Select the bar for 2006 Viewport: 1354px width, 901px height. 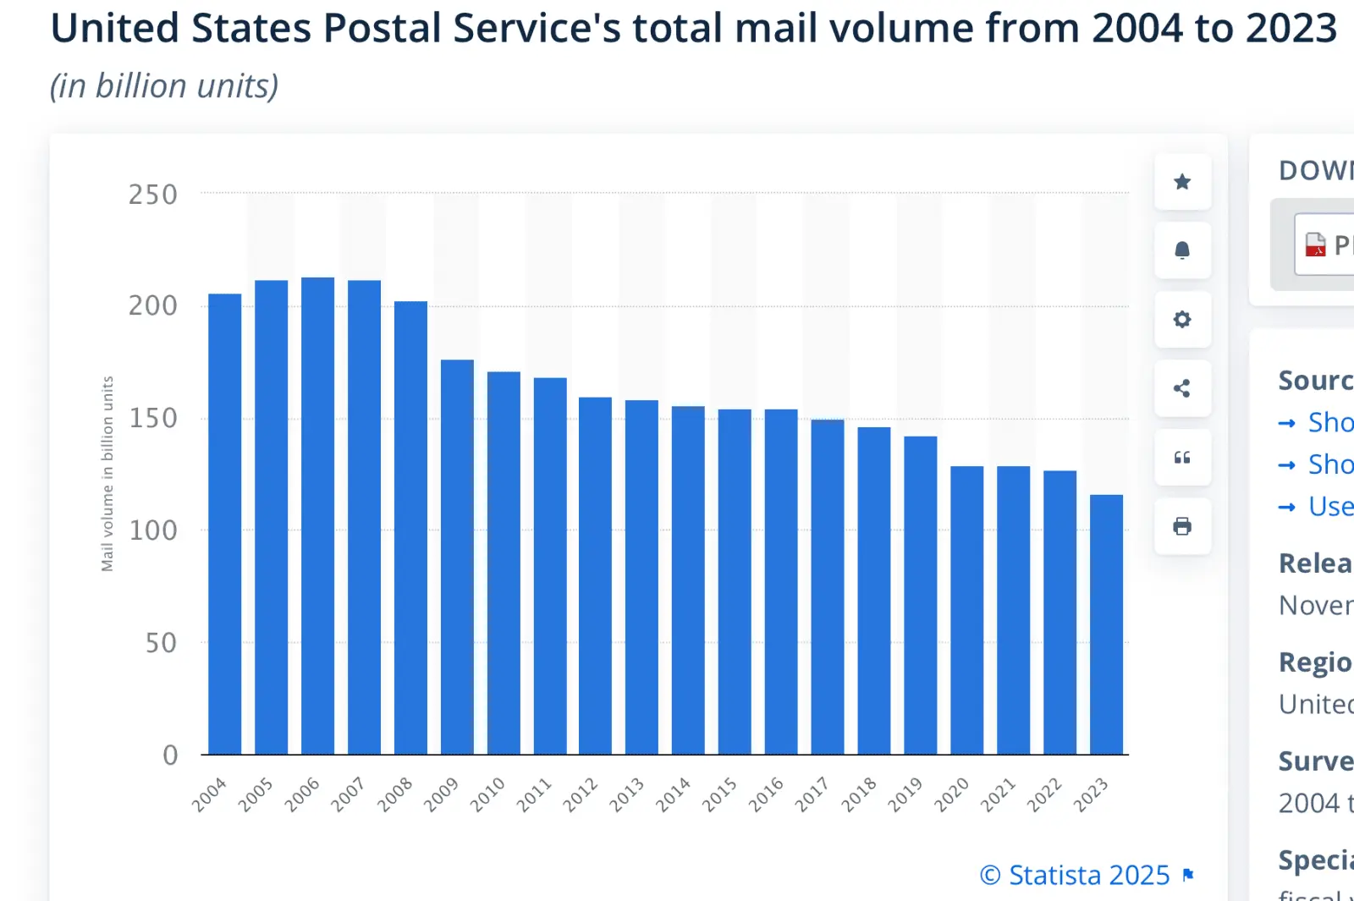(317, 516)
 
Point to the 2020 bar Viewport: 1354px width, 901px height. (966, 610)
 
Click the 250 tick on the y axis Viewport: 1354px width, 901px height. (153, 195)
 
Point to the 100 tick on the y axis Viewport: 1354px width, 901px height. (153, 530)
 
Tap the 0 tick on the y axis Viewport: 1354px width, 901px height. (170, 755)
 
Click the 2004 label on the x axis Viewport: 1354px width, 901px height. (209, 794)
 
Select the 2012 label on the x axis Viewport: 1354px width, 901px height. (581, 794)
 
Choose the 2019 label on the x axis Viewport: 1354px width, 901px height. (905, 794)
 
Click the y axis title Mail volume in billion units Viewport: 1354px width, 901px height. (107, 474)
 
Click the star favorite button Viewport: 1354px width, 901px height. (1182, 182)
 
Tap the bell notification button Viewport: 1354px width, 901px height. (1182, 250)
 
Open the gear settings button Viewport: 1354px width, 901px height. (1182, 320)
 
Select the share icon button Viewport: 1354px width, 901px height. (1182, 388)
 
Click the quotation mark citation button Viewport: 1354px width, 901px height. (1182, 458)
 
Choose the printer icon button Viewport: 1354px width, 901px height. (1182, 526)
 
